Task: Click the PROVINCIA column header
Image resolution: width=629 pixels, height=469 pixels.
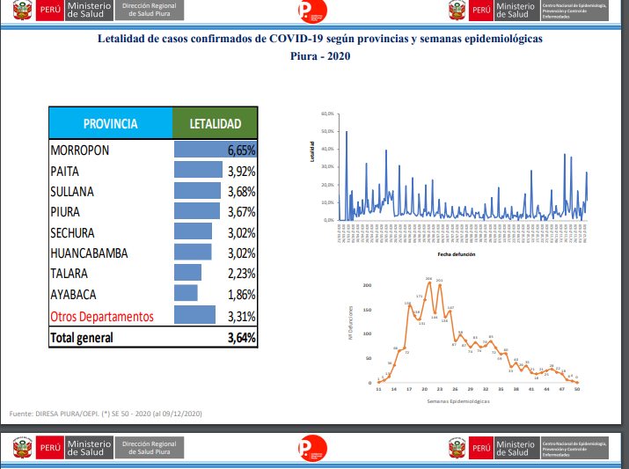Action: coord(110,124)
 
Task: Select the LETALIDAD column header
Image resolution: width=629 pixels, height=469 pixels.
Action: coord(216,124)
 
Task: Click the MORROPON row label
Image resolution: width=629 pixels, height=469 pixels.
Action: coord(80,150)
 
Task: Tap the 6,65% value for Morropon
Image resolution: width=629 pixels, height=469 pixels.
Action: coord(241,150)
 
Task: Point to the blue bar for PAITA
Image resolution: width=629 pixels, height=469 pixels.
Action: coord(198,171)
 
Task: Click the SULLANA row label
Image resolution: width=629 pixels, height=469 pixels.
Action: coord(72,191)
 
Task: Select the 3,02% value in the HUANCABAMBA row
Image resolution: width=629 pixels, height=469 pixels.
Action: coord(241,253)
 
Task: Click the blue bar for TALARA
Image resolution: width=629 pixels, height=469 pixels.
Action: coord(188,274)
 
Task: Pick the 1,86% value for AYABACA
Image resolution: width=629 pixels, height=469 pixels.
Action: coord(241,295)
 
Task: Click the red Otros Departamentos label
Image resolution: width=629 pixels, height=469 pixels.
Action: coord(102,316)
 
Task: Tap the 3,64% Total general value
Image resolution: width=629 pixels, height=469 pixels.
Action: coord(241,337)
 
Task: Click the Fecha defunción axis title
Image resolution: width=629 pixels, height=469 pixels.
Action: coord(456,253)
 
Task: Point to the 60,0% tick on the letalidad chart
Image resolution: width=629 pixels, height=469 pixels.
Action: coord(327,114)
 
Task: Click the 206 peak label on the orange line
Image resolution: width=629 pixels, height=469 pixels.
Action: coord(428,279)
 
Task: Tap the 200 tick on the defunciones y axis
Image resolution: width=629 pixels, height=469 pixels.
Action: coord(368,285)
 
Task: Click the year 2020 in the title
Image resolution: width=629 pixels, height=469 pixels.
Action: coord(339,55)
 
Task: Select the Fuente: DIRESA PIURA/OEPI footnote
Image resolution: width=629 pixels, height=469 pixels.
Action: coord(106,413)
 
